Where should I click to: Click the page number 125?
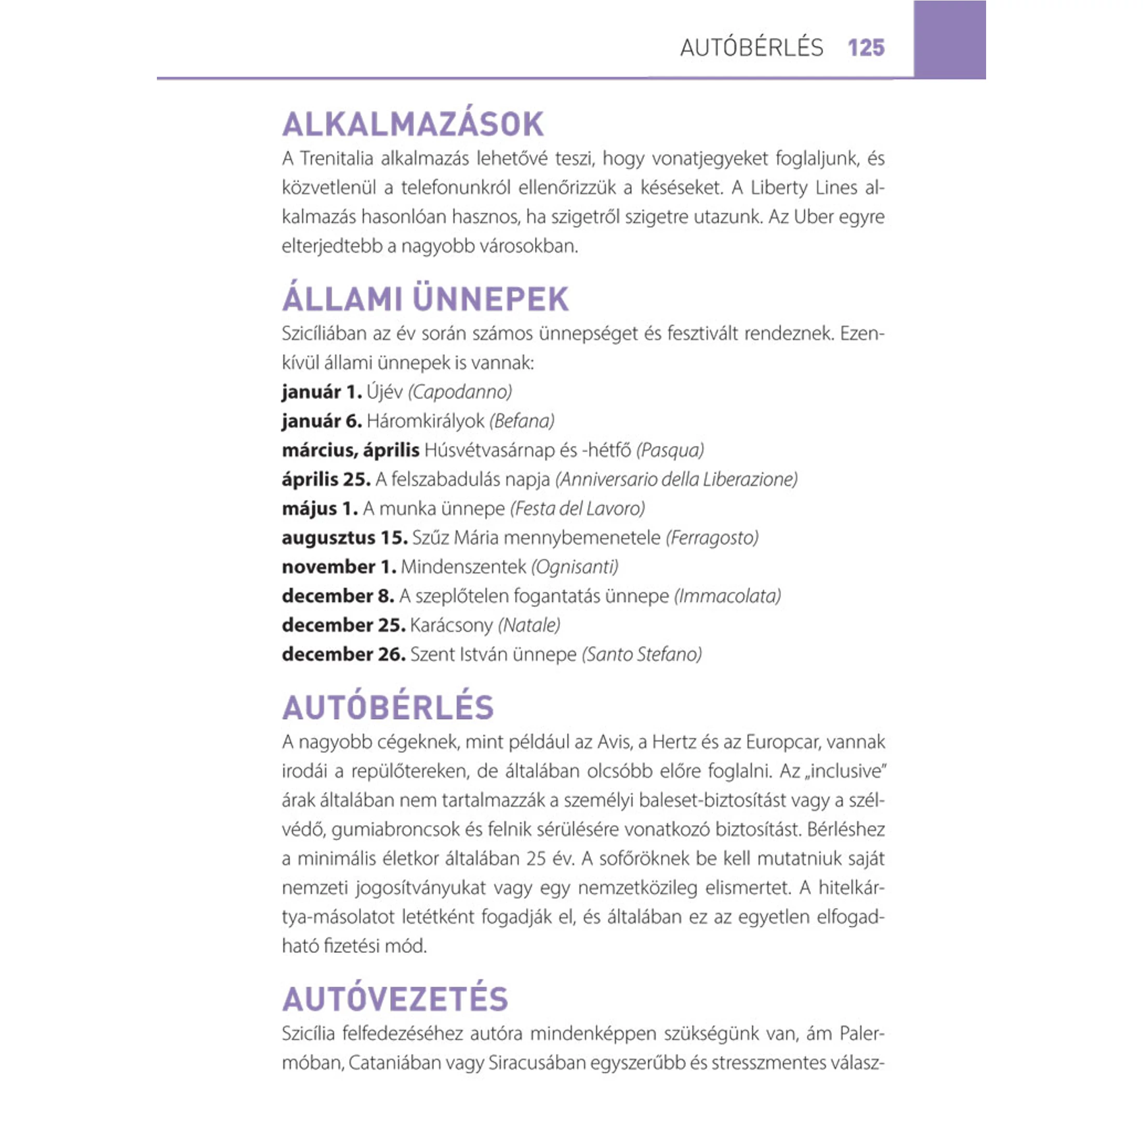[866, 47]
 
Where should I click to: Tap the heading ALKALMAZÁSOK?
[413, 124]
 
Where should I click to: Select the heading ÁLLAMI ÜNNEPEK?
[425, 299]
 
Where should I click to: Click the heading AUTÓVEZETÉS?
[395, 999]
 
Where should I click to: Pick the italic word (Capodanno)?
[460, 392]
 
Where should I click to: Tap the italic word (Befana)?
[521, 421]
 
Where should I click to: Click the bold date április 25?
[326, 479]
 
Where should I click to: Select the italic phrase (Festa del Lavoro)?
[577, 508]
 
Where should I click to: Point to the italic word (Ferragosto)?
[712, 538]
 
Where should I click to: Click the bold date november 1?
[338, 567]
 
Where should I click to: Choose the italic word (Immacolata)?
[727, 596]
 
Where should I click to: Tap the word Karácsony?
[451, 626]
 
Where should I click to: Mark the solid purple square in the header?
[949, 39]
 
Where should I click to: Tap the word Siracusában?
[535, 1063]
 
